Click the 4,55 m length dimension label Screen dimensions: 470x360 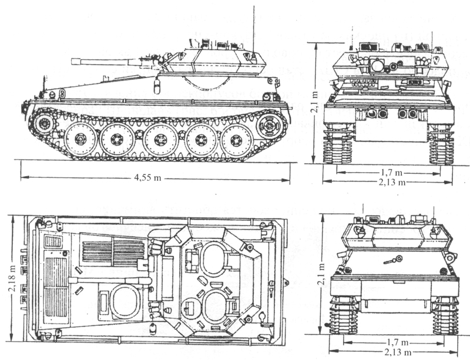point(147,178)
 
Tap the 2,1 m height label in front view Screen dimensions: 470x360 point(314,102)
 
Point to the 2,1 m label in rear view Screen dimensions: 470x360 point(321,275)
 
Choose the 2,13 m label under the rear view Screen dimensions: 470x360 point(398,352)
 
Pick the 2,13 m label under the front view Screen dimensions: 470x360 point(392,182)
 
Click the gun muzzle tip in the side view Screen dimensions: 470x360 point(72,61)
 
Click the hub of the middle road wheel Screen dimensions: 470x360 point(159,140)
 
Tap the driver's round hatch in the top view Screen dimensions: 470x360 point(125,301)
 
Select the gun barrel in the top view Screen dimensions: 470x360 point(110,280)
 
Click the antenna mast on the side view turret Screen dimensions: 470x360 point(254,29)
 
